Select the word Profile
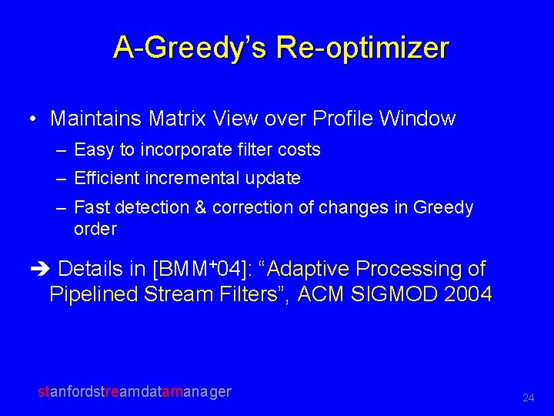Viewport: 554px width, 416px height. click(x=341, y=119)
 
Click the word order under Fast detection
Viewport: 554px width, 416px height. click(x=95, y=229)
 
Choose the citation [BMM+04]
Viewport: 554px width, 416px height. click(x=197, y=269)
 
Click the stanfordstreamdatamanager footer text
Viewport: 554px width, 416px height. click(x=135, y=391)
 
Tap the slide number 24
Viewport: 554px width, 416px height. click(x=528, y=398)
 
